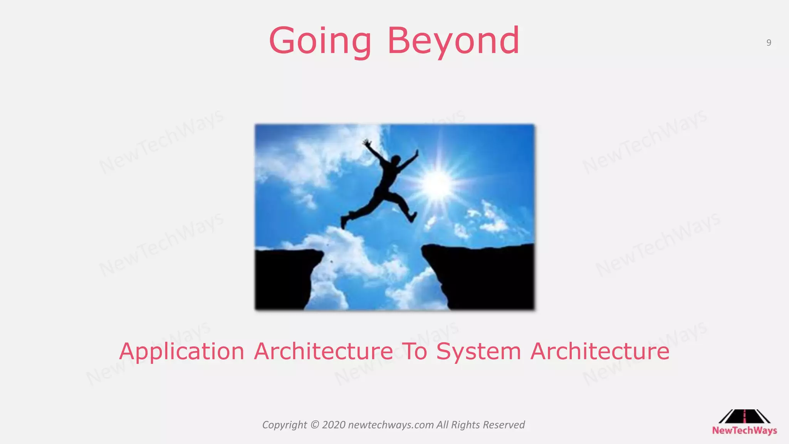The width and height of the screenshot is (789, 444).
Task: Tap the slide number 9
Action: (769, 43)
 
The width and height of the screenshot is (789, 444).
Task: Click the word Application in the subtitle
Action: (181, 352)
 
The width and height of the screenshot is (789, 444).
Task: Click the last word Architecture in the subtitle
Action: (599, 351)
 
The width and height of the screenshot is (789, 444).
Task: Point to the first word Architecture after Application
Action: (324, 351)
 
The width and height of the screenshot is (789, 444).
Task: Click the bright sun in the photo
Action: (436, 184)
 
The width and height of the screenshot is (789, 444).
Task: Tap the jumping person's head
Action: (395, 159)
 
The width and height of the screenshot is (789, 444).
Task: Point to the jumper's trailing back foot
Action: (344, 222)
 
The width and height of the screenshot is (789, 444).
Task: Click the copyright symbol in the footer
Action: (314, 425)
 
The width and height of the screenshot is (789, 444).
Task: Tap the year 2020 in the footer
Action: (334, 425)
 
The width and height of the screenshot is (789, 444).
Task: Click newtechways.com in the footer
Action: (391, 425)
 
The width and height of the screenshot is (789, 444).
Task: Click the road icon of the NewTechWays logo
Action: (744, 417)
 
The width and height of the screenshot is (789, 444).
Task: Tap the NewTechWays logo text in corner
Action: (744, 431)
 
